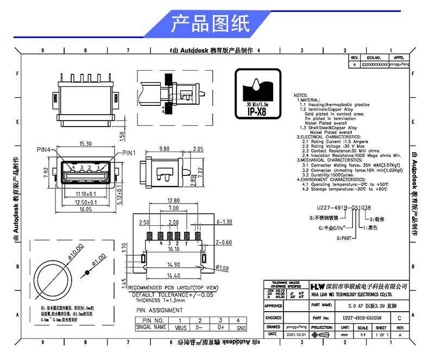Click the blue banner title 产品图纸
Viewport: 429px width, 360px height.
pos(210,24)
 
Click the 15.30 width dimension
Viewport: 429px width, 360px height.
pos(85,144)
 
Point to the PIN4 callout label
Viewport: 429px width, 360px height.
pos(44,149)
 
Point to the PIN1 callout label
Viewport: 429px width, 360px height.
pos(130,153)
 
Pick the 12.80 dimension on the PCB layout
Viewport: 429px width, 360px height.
pos(173,200)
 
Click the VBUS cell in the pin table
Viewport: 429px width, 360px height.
pos(179,327)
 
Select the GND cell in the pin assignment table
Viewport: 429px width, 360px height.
pos(241,327)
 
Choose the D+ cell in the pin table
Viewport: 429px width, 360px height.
pos(221,327)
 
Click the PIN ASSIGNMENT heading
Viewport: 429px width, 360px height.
pos(159,311)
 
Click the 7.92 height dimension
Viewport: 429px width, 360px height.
pos(47,175)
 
